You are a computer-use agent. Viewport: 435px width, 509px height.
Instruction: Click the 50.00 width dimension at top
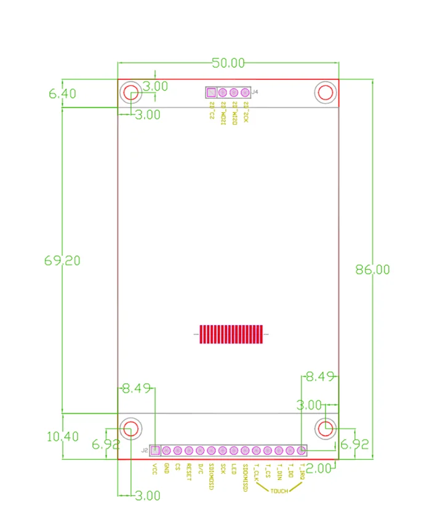coord(228,63)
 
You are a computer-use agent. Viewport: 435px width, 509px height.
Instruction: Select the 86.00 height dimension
coord(372,269)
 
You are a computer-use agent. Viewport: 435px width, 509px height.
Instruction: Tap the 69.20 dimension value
coord(62,261)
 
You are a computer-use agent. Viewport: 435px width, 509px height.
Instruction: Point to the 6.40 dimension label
coord(62,94)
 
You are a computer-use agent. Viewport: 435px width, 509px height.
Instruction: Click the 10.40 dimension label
coord(62,437)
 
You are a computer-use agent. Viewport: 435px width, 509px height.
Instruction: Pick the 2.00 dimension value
coord(319,468)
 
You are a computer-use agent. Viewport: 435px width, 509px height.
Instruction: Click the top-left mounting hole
coord(130,93)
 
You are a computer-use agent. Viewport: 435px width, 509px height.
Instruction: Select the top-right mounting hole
coord(325,93)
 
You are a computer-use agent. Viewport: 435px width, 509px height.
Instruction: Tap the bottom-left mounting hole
coord(130,428)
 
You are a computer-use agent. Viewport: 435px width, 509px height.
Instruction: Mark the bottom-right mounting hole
coord(325,428)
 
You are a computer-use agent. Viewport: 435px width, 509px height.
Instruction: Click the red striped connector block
coord(229,334)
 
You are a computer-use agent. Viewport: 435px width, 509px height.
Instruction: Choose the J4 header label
coord(255,92)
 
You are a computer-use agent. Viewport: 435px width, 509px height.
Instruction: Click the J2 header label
coord(145,450)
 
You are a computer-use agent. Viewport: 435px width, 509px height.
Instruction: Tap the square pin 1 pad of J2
coord(155,451)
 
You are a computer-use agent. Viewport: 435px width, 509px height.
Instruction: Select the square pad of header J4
coord(211,93)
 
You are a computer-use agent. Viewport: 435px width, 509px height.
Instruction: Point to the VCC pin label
coord(155,470)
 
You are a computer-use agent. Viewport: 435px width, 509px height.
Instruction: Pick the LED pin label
coord(234,470)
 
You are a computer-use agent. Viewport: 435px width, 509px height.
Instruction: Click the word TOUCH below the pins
coord(278,491)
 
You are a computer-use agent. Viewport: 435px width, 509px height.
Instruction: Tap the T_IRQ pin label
coord(301,472)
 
